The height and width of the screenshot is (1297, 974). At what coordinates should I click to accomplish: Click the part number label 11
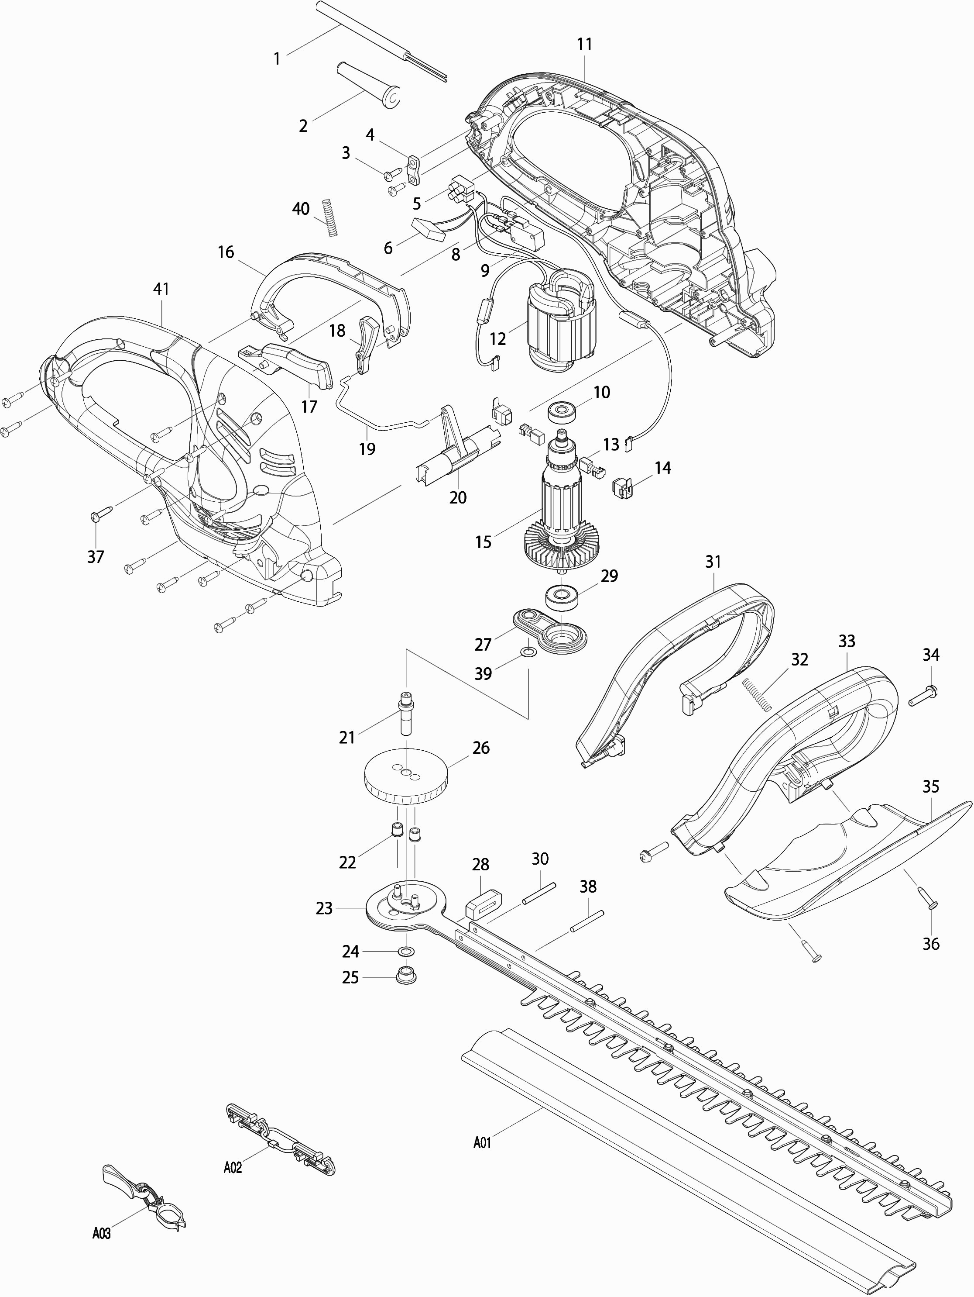coord(584,45)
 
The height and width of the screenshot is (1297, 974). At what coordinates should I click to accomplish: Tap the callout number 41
coord(161,289)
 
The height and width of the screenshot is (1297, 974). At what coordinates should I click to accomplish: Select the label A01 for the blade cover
coord(482,1142)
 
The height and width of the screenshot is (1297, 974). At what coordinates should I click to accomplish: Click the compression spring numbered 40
coord(330,217)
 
